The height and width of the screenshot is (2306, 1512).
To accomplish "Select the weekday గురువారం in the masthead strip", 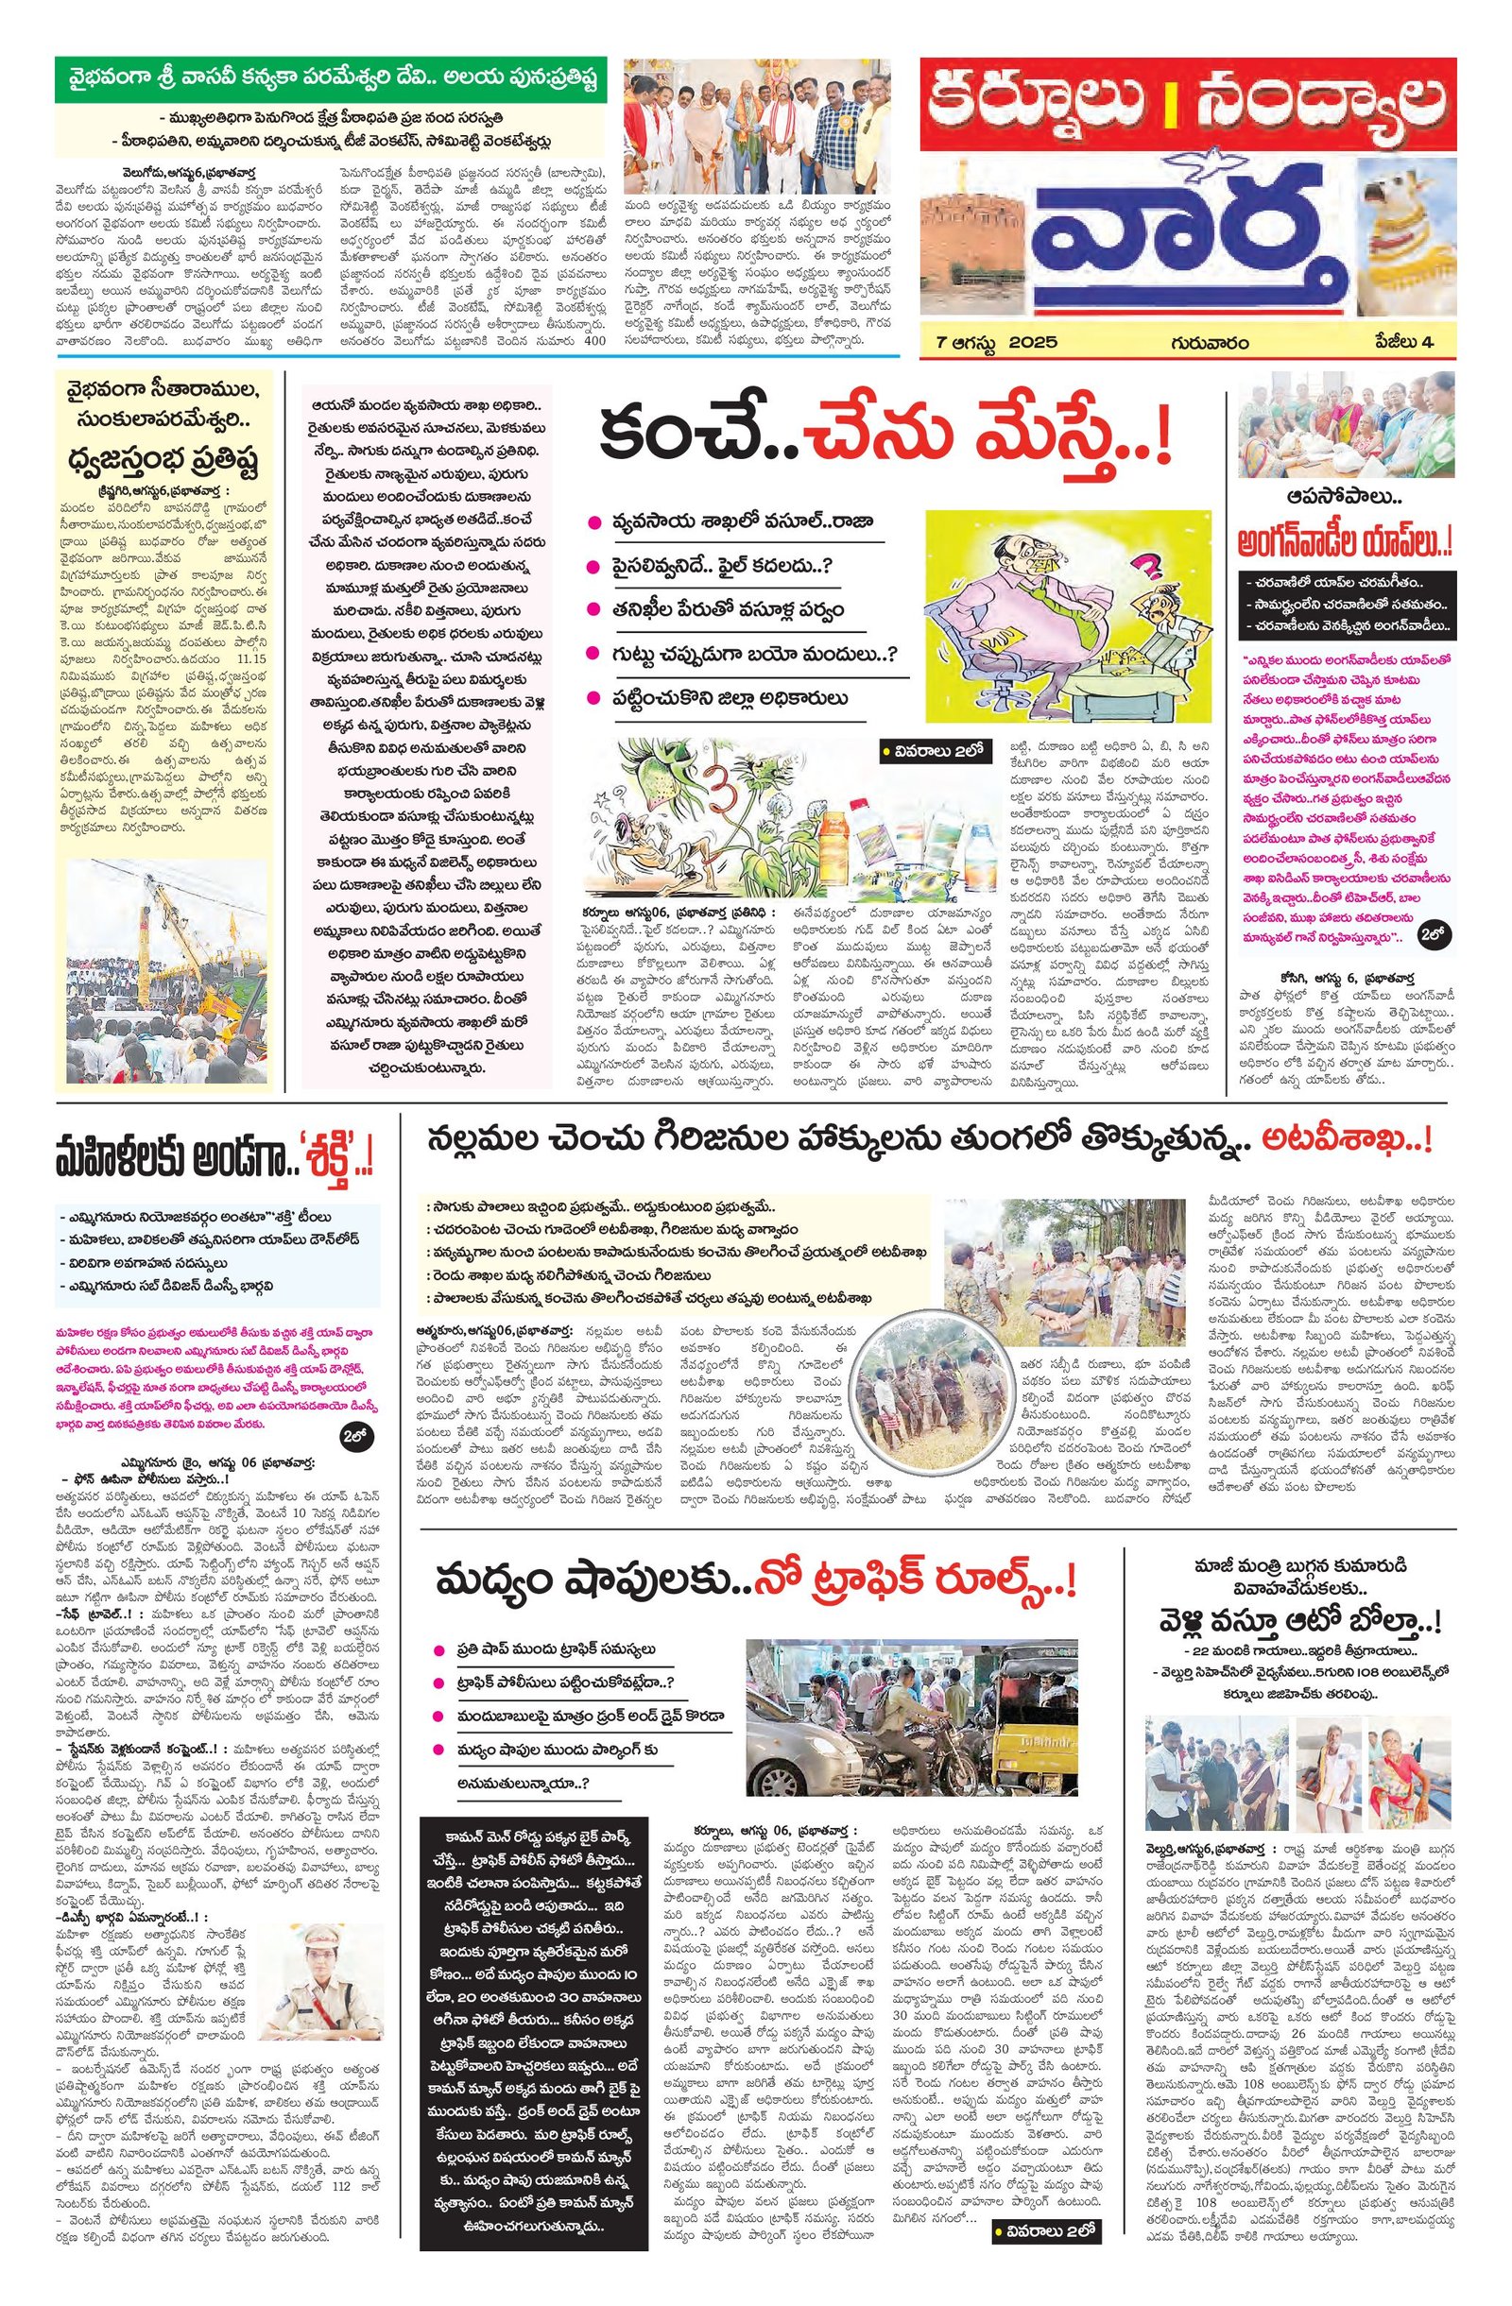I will click(x=1208, y=342).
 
